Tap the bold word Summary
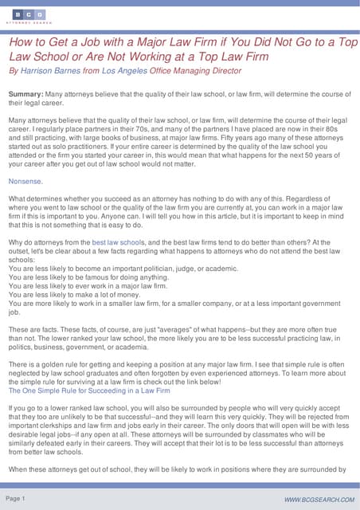[x=27, y=94]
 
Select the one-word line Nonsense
[x=25, y=181]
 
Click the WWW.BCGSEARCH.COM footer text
[x=318, y=499]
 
